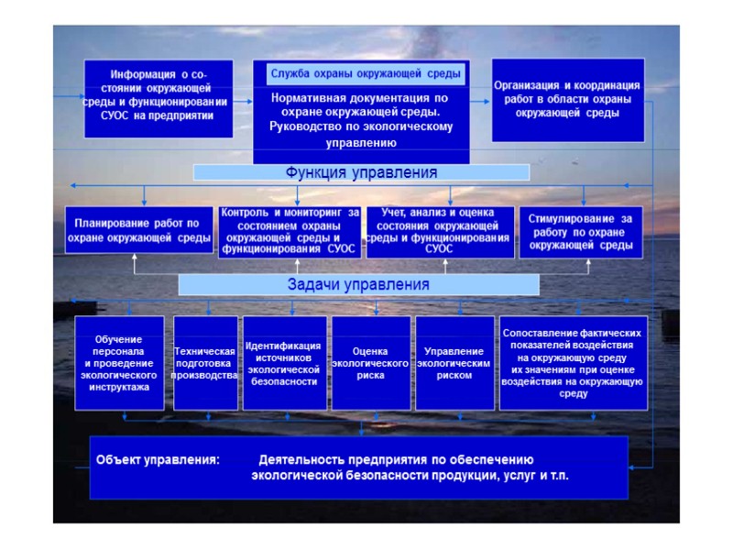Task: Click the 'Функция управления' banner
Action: [x=362, y=172]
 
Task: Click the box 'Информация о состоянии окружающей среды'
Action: [x=159, y=97]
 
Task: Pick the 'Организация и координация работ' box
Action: [x=566, y=99]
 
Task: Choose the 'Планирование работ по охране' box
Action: [x=139, y=230]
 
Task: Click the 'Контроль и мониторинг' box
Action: [x=290, y=231]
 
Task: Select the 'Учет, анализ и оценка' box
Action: [x=438, y=231]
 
